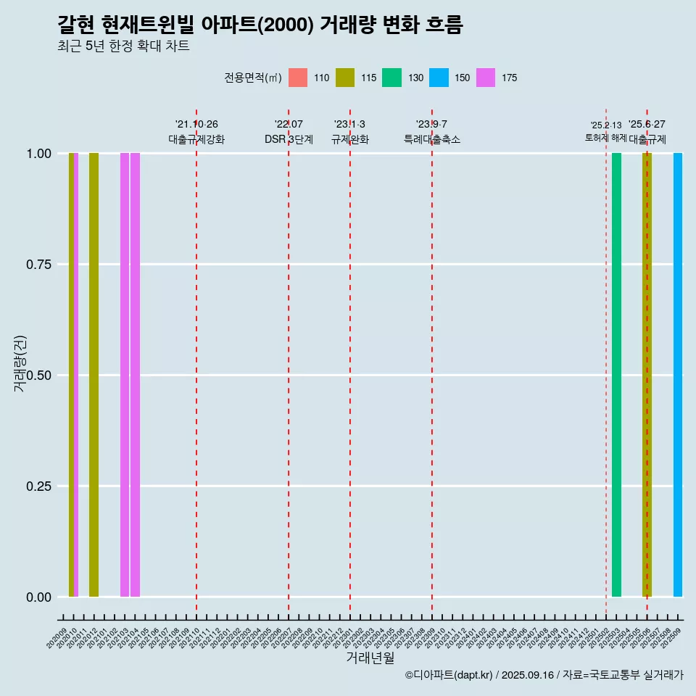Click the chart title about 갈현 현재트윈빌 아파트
tap(260, 25)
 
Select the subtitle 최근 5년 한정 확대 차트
tap(123, 46)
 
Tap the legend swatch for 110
tap(298, 78)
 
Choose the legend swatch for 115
tap(345, 78)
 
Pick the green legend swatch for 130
tap(392, 78)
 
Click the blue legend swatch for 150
tap(439, 78)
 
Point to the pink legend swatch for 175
tap(486, 78)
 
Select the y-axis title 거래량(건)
tap(20, 363)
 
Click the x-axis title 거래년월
tap(370, 658)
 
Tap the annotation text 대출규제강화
tap(196, 139)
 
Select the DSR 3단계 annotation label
tap(289, 139)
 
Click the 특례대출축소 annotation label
tap(432, 139)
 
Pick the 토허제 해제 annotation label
tap(605, 138)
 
